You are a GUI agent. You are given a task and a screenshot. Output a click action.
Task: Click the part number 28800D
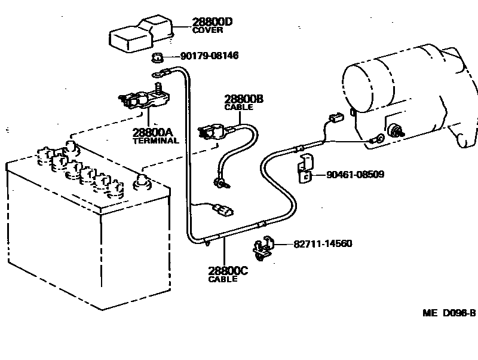pyautogui.click(x=212, y=22)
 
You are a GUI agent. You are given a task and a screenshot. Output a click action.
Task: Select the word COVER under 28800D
pyautogui.click(x=207, y=30)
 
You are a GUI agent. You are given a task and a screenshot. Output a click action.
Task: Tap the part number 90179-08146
pyautogui.click(x=210, y=56)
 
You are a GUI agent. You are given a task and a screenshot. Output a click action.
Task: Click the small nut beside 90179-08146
pyautogui.click(x=158, y=57)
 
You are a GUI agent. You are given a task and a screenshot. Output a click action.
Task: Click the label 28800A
pyautogui.click(x=152, y=132)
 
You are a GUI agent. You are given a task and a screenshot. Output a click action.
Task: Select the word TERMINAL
pyautogui.click(x=155, y=141)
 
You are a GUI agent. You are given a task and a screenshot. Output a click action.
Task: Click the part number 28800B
pyautogui.click(x=244, y=99)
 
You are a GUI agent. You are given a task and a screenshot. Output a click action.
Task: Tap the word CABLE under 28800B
pyautogui.click(x=238, y=107)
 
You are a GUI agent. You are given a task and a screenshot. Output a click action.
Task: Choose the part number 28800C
pyautogui.click(x=228, y=271)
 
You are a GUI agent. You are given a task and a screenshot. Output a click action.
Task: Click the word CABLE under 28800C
pyautogui.click(x=223, y=279)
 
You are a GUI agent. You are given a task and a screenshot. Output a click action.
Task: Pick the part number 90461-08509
pyautogui.click(x=355, y=175)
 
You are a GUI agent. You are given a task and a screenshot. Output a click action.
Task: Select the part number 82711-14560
pyautogui.click(x=323, y=244)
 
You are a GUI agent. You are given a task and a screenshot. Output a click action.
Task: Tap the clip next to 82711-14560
pyautogui.click(x=263, y=248)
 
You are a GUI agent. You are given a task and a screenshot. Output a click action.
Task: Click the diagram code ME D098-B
pyautogui.click(x=449, y=313)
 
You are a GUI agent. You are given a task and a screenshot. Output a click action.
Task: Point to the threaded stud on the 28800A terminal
pyautogui.click(x=158, y=88)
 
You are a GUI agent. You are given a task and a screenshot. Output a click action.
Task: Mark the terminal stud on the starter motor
pyautogui.click(x=397, y=131)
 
